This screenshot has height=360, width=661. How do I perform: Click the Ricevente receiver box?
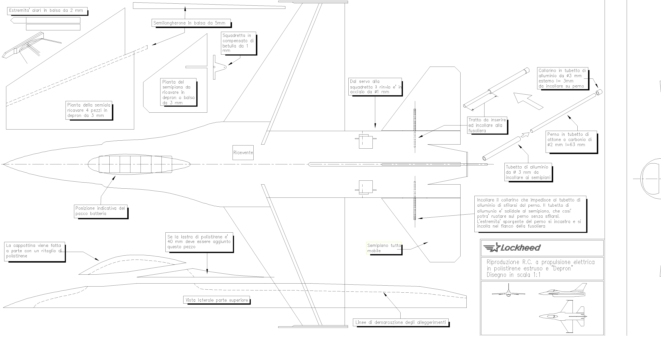coord(243,153)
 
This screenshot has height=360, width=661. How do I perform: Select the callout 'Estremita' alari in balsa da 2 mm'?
coord(46,10)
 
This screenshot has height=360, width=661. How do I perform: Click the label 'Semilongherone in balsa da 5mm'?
coord(189,23)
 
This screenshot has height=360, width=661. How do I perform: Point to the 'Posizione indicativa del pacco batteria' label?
coord(100,211)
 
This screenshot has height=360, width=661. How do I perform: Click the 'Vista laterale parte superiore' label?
coord(217,300)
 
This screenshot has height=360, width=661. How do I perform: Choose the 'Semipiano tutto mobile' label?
coord(384,248)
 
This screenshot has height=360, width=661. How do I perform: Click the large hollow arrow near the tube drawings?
coord(527,101)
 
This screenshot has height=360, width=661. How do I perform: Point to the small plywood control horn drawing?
coord(219,67)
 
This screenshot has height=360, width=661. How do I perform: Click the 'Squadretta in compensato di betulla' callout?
coord(238,43)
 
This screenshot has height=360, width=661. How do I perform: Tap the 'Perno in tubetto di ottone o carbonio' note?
coord(571,139)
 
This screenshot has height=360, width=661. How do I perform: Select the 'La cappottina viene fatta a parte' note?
coord(34,251)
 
